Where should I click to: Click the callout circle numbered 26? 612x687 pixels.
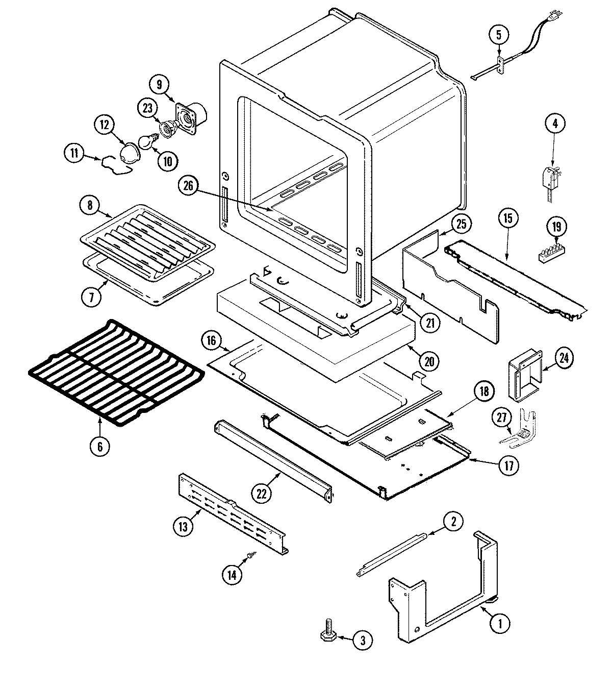point(188,187)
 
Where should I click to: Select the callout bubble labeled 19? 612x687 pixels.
point(556,226)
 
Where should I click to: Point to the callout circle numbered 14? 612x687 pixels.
point(232,574)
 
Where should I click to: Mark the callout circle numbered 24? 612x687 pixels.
point(564,358)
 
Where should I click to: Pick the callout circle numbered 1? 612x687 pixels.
point(500,622)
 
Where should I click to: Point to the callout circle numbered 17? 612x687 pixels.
point(508,465)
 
